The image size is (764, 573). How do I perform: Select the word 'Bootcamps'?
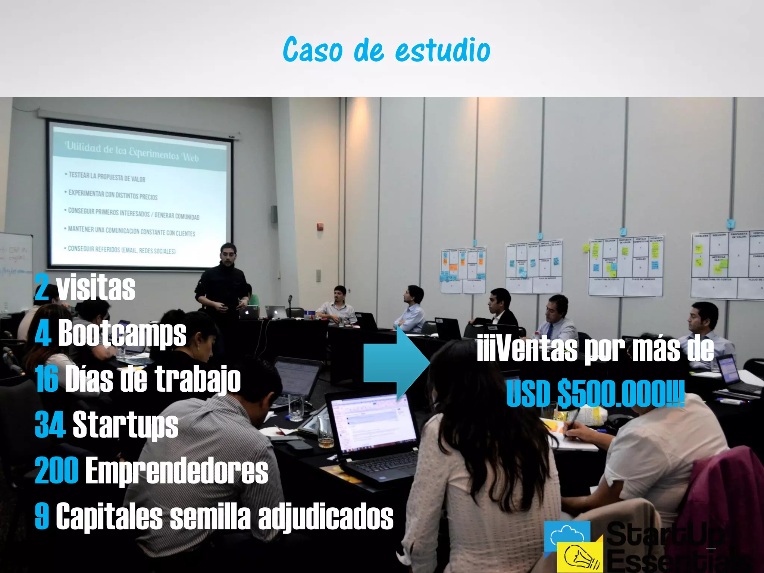pyautogui.click(x=122, y=333)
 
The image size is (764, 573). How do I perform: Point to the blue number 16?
pyautogui.click(x=47, y=379)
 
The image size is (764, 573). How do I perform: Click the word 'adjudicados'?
pyautogui.click(x=326, y=516)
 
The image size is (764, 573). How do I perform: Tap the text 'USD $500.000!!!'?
pyautogui.click(x=595, y=394)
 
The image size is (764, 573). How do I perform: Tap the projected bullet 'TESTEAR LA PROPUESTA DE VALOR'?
pyautogui.click(x=107, y=177)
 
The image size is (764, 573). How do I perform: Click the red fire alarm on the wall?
pyautogui.click(x=320, y=226)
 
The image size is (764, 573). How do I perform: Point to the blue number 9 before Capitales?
pyautogui.click(x=42, y=516)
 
